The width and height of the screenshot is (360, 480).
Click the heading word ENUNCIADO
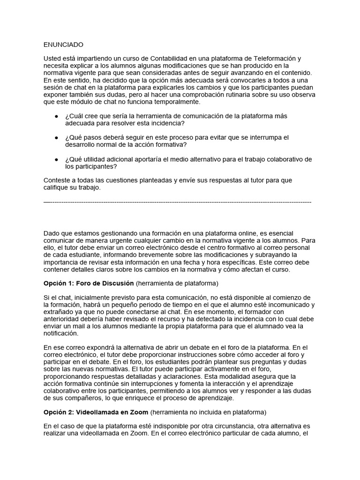pyautogui.click(x=63, y=45)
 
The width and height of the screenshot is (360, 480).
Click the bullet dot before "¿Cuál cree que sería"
pyautogui.click(x=56, y=116)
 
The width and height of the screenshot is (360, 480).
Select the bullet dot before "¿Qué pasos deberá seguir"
pyautogui.click(x=56, y=138)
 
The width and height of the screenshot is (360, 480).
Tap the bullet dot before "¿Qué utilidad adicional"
pyautogui.click(x=56, y=159)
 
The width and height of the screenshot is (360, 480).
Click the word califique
pyautogui.click(x=57, y=188)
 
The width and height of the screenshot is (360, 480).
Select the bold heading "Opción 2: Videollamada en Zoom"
pyautogui.click(x=96, y=412)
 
